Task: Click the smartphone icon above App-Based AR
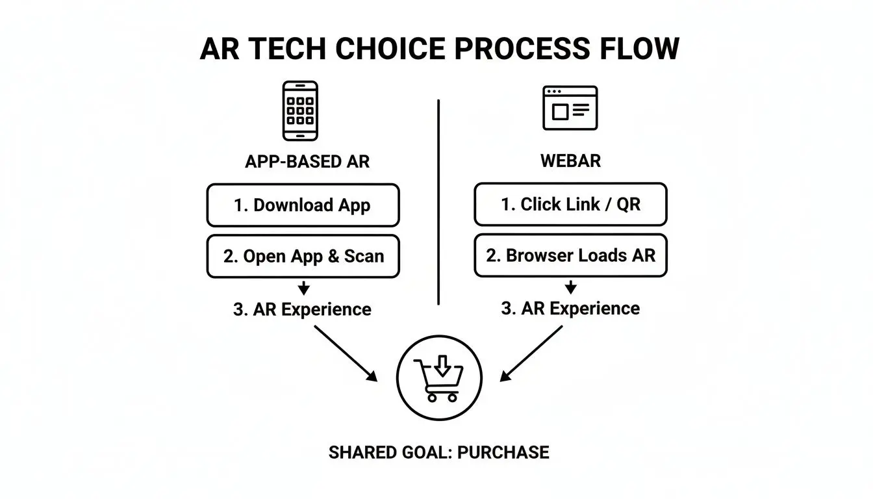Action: [x=300, y=110]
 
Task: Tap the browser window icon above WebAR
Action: [x=570, y=109]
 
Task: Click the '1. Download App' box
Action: [x=303, y=205]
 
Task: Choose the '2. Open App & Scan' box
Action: [x=303, y=256]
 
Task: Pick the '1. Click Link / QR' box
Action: [x=570, y=205]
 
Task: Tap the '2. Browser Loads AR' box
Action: [x=570, y=255]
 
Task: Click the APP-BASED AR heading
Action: [x=307, y=162]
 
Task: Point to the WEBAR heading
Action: [x=570, y=160]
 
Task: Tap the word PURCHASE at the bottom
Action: [x=503, y=452]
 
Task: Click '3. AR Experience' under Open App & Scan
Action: [x=302, y=309]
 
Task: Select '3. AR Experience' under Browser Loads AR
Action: [x=570, y=308]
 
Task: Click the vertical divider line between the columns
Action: [x=439, y=201]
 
